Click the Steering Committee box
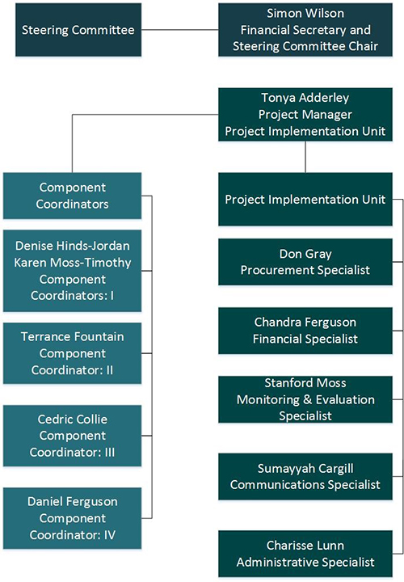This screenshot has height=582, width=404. click(78, 30)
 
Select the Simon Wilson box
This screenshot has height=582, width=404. click(305, 30)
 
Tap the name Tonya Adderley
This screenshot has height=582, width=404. click(305, 98)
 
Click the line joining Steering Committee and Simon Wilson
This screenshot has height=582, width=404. click(180, 30)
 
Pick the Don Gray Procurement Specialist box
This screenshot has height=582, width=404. click(305, 262)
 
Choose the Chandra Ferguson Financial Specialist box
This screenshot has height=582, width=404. click(305, 331)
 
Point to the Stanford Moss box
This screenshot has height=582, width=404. click(305, 399)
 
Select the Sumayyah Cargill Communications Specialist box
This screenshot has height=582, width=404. click(305, 476)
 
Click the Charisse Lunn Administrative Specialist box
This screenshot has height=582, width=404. click(305, 554)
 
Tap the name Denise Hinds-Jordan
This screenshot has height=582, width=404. click(73, 246)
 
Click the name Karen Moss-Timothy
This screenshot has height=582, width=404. click(73, 263)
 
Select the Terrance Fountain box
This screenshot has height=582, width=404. click(73, 353)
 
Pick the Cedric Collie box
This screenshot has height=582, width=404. click(73, 436)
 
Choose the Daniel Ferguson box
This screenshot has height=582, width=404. click(73, 518)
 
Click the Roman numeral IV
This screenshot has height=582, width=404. click(109, 535)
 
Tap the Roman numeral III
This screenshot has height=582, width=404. click(109, 453)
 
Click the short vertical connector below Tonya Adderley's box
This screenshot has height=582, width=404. click(305, 157)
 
